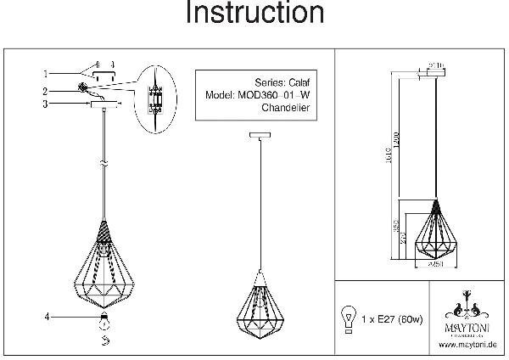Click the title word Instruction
point(255,14)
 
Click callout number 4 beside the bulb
point(48,318)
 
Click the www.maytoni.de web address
point(467,345)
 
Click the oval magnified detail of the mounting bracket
point(154,98)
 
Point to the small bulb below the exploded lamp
point(103,321)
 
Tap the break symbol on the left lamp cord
point(103,160)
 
